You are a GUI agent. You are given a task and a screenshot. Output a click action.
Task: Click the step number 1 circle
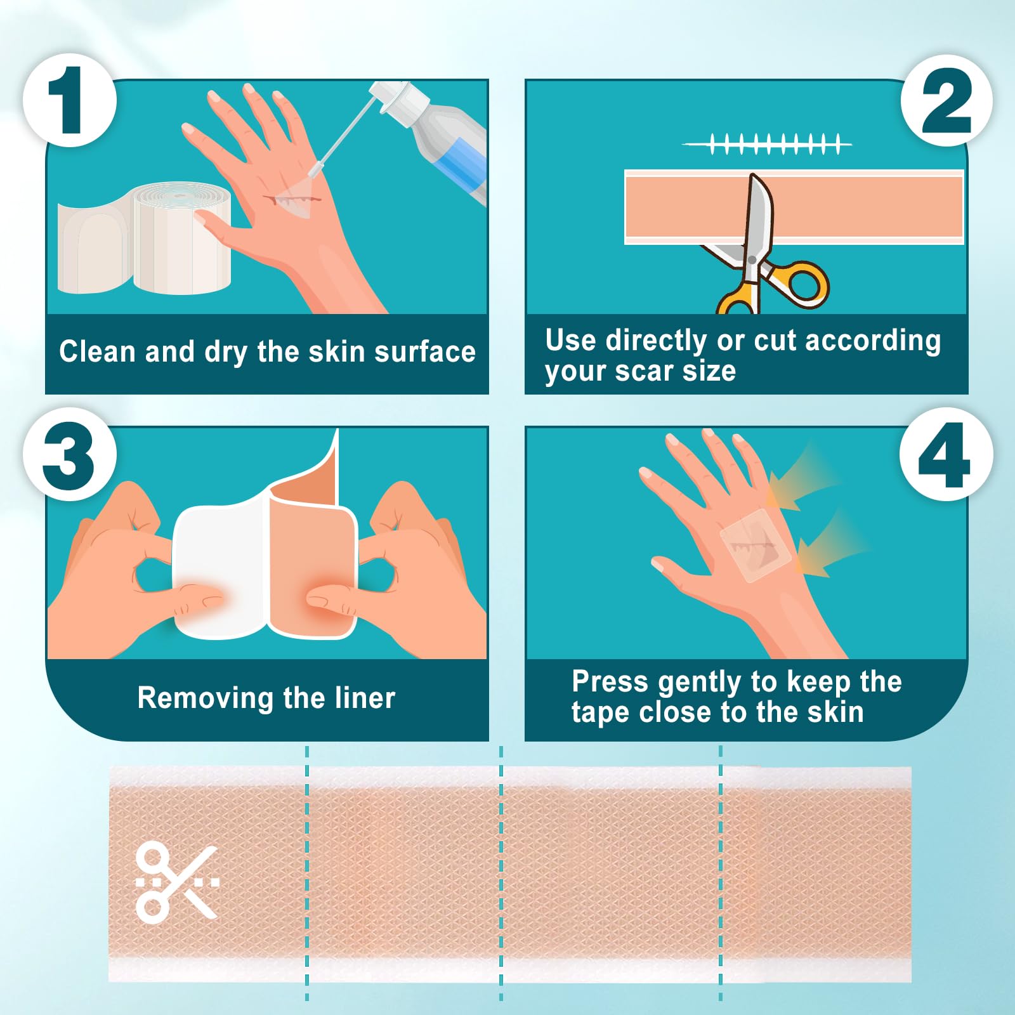pos(70,100)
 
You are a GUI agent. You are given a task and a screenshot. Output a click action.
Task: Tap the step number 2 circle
pos(946,100)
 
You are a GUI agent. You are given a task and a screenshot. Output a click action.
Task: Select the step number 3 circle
pos(70,454)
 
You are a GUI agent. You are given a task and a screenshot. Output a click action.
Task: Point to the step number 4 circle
pos(946,454)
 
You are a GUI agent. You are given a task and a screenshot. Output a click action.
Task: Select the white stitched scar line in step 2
pos(766,144)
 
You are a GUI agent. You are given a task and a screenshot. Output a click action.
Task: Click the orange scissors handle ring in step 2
pos(804,284)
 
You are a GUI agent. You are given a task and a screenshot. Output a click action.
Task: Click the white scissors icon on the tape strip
pos(177,882)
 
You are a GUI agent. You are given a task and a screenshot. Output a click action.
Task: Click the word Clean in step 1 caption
pos(97,351)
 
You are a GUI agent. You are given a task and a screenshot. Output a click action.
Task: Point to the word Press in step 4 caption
pos(610,682)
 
